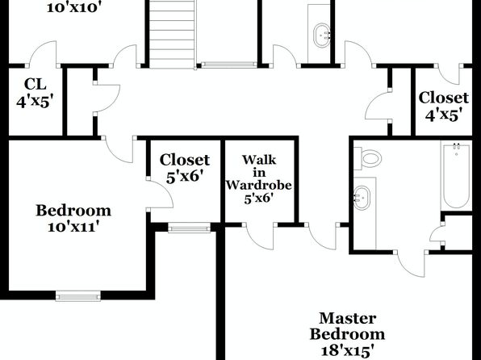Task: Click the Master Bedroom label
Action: (347, 326)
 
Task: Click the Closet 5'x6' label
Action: (185, 169)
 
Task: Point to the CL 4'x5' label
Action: (36, 93)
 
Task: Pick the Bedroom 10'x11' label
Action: (73, 218)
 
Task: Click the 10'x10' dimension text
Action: (74, 7)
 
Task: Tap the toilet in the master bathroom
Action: (367, 158)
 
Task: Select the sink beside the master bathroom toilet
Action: (362, 198)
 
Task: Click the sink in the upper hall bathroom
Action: (321, 35)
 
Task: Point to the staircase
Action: (172, 34)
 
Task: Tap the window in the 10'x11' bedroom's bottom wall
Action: (78, 296)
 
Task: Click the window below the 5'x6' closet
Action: (189, 228)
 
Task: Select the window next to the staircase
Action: (228, 65)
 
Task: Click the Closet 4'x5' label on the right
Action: (444, 107)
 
